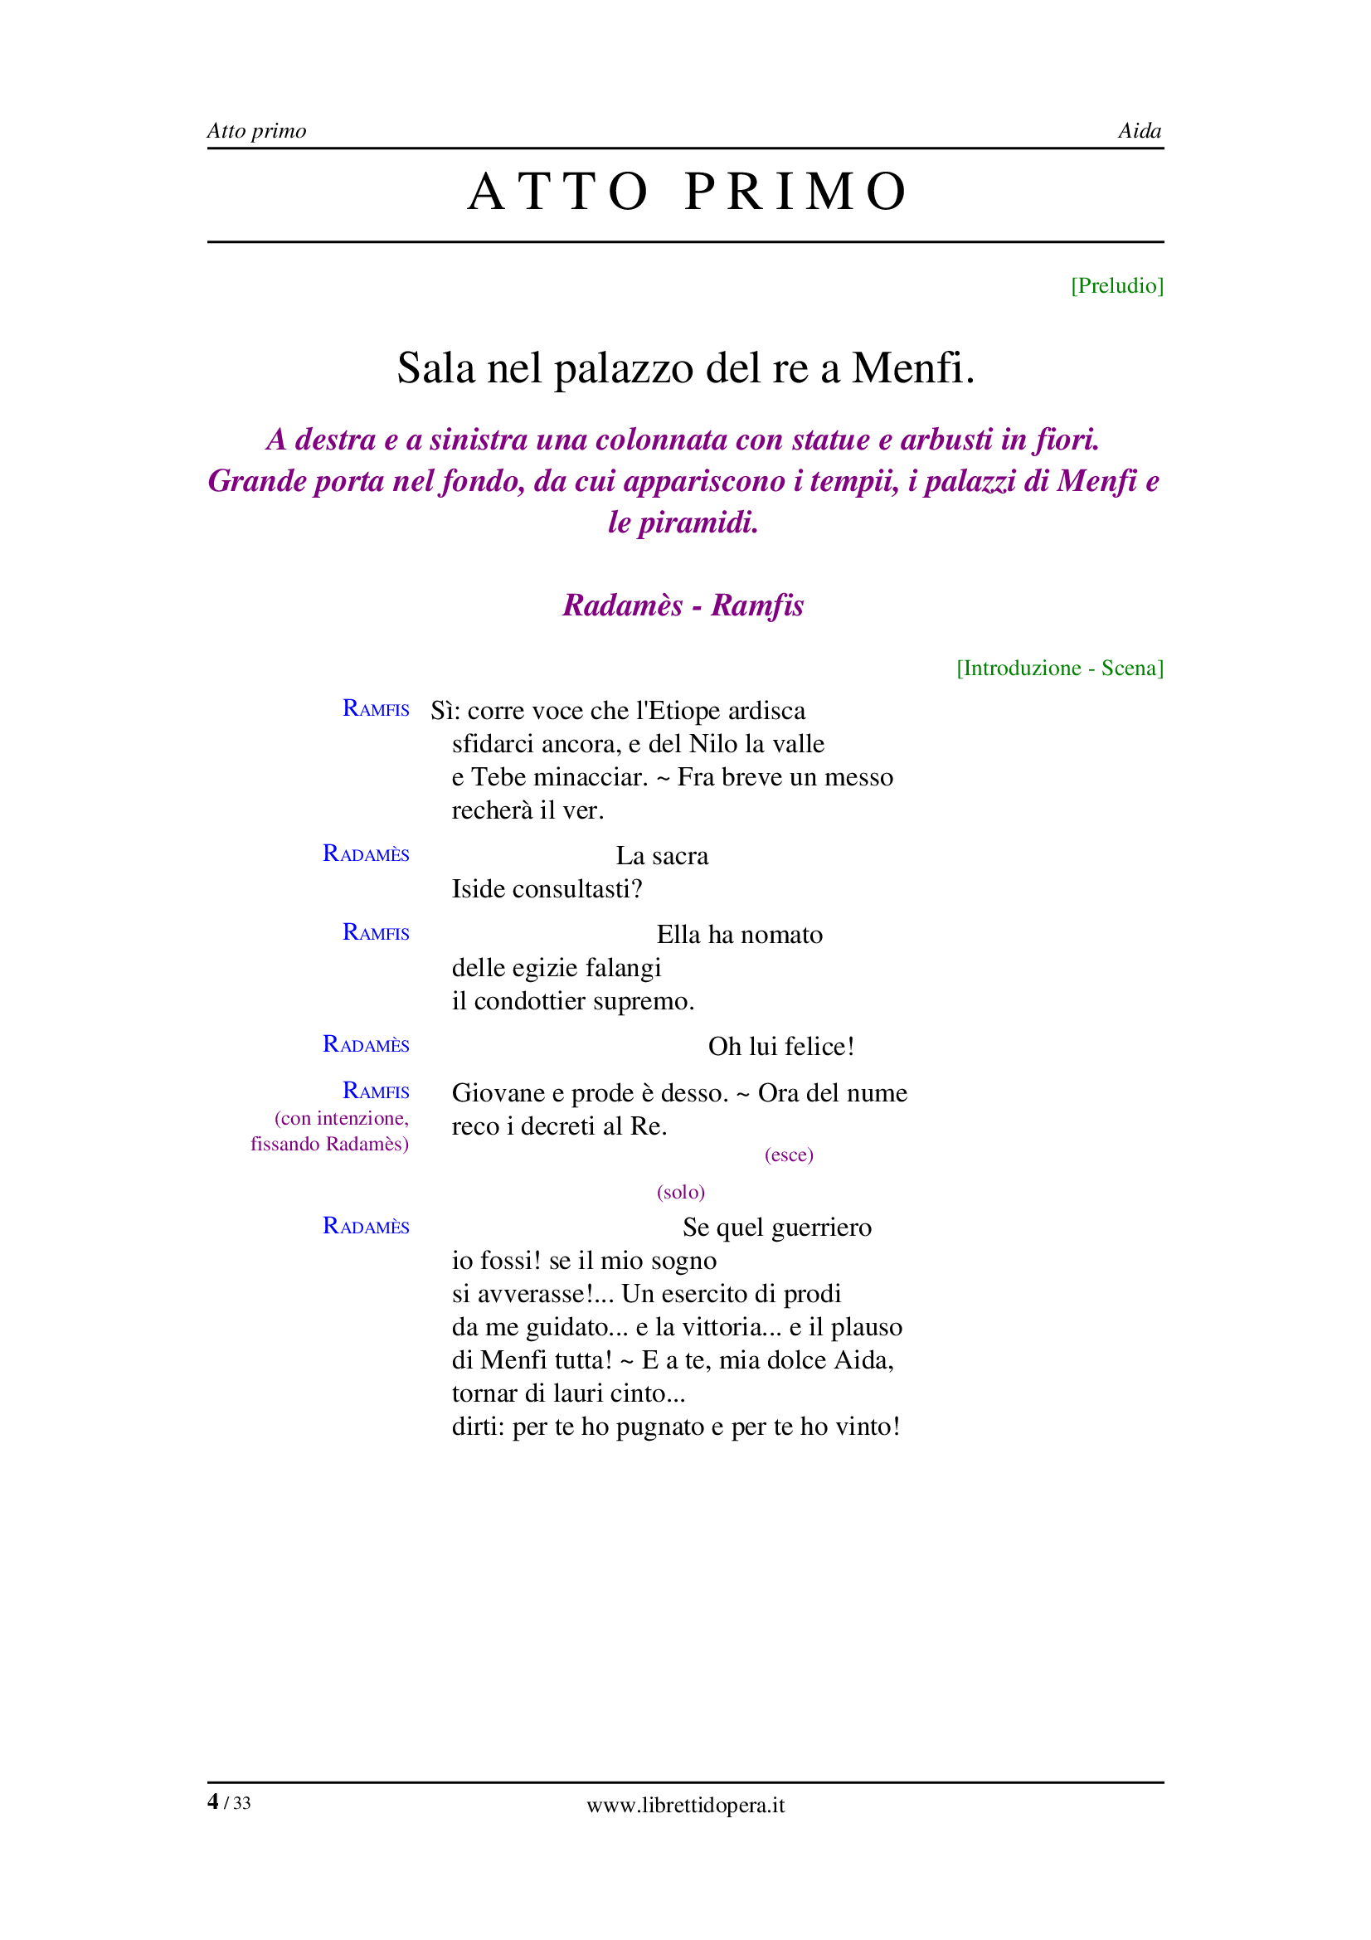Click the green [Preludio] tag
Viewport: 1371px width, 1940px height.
[x=1116, y=285]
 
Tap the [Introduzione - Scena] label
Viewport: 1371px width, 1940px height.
[x=1059, y=668]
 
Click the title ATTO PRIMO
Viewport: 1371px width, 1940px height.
[x=686, y=191]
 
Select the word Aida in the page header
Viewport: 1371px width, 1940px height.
[x=1139, y=131]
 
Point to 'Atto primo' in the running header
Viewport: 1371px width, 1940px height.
[x=256, y=131]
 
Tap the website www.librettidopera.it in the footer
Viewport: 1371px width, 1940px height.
[x=685, y=1805]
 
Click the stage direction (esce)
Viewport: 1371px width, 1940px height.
[x=788, y=1155]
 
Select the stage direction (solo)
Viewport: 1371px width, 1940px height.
[x=680, y=1191]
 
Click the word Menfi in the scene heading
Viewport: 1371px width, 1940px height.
[x=907, y=368]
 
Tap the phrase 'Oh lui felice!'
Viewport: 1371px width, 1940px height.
[x=780, y=1046]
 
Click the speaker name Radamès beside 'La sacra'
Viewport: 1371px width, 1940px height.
[x=366, y=853]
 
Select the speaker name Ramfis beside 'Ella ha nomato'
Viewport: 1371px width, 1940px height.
[x=375, y=932]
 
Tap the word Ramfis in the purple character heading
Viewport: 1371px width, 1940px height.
[x=757, y=605]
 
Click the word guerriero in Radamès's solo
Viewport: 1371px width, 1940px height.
[x=821, y=1227]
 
